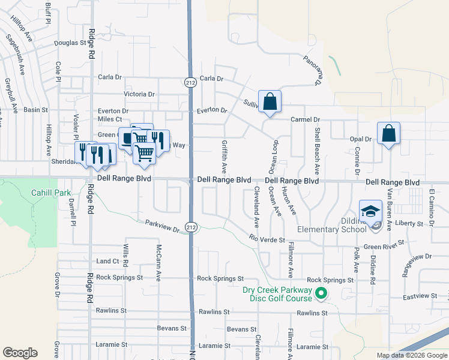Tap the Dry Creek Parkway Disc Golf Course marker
[321, 294]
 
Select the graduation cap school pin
[370, 211]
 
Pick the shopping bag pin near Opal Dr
[388, 134]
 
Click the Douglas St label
[70, 43]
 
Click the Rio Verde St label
[266, 239]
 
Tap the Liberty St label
[414, 223]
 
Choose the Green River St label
[384, 247]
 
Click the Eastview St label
[418, 297]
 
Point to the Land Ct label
[108, 261]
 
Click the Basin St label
[35, 110]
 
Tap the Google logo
[20, 353]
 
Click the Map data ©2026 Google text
[412, 355]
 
